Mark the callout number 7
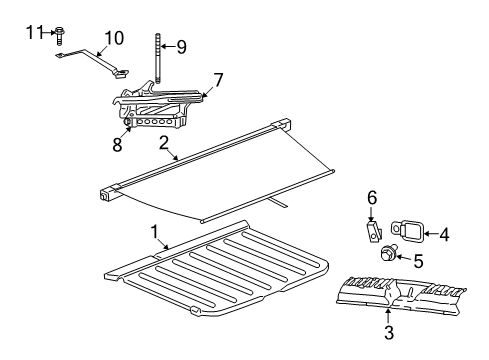click(218, 77)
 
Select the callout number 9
click(181, 45)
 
